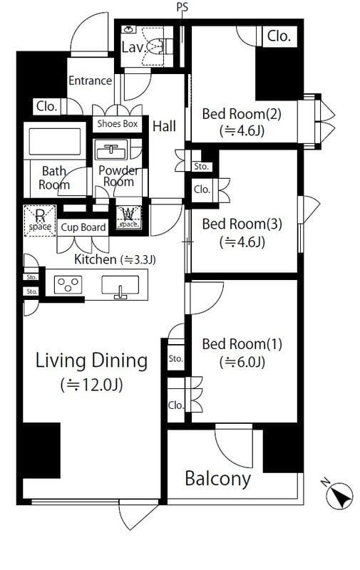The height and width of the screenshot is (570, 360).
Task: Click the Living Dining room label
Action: [92, 361]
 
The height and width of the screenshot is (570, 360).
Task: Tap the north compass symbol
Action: [339, 494]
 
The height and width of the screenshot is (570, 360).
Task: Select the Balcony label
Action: [218, 479]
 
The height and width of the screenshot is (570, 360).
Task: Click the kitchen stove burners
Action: [68, 284]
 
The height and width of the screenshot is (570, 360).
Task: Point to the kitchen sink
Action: [120, 286]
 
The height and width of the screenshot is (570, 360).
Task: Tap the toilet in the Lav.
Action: [160, 46]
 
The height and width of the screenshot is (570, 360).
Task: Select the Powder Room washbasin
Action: [111, 150]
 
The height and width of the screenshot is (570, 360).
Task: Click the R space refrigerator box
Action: [40, 221]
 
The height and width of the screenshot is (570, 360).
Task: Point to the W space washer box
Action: [128, 217]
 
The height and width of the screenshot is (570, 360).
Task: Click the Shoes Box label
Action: [118, 124]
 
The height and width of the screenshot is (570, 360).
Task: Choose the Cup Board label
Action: [83, 227]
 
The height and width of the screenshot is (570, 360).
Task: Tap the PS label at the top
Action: [182, 7]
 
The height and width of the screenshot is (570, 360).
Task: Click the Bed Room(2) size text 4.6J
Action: [242, 130]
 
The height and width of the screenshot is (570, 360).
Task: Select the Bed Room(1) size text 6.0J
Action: [242, 362]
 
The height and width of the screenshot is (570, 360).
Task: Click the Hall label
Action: [165, 126]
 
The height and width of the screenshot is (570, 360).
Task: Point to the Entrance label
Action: [91, 81]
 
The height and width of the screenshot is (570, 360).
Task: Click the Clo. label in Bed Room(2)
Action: [279, 36]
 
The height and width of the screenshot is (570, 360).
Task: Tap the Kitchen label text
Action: [96, 259]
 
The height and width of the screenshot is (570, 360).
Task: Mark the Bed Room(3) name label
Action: [242, 224]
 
